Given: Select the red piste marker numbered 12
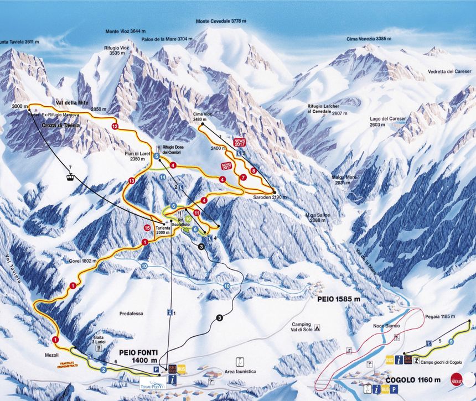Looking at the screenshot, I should pyautogui.click(x=115, y=127).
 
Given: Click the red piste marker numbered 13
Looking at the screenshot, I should pyautogui.click(x=131, y=181).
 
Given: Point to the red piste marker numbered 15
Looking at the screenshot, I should pyautogui.click(x=147, y=227).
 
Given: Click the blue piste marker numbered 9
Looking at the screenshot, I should pyautogui.click(x=451, y=342).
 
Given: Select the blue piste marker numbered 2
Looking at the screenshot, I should pyautogui.click(x=103, y=369).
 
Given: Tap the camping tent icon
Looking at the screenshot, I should pyautogui.click(x=317, y=327).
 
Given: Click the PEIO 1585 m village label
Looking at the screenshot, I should pyautogui.click(x=339, y=299).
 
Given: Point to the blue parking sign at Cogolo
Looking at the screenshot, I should pyautogui.click(x=394, y=389).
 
